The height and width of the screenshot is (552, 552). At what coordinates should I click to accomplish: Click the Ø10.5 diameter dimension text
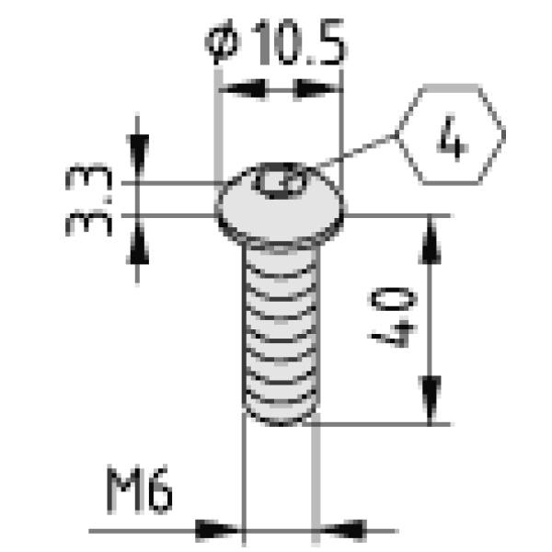(x=275, y=42)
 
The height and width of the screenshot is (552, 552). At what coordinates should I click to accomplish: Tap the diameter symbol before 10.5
(x=223, y=42)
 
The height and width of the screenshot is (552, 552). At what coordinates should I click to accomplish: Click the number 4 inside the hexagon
(x=453, y=139)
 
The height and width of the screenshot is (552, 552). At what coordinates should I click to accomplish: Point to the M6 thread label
(x=140, y=489)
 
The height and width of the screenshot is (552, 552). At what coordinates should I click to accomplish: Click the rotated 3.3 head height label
(x=88, y=200)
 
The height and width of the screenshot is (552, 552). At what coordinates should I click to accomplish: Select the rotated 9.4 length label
(x=393, y=317)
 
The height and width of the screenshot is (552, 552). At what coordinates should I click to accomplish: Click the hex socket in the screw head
(x=281, y=181)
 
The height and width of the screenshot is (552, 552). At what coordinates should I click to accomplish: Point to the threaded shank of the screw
(x=281, y=328)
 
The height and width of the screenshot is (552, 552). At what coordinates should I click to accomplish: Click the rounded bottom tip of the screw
(x=281, y=416)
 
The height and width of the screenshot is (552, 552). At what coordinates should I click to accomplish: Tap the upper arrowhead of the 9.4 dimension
(x=430, y=240)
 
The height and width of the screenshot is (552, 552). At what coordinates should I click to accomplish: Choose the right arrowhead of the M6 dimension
(x=343, y=530)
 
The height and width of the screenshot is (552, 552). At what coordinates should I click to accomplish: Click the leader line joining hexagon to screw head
(x=355, y=151)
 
